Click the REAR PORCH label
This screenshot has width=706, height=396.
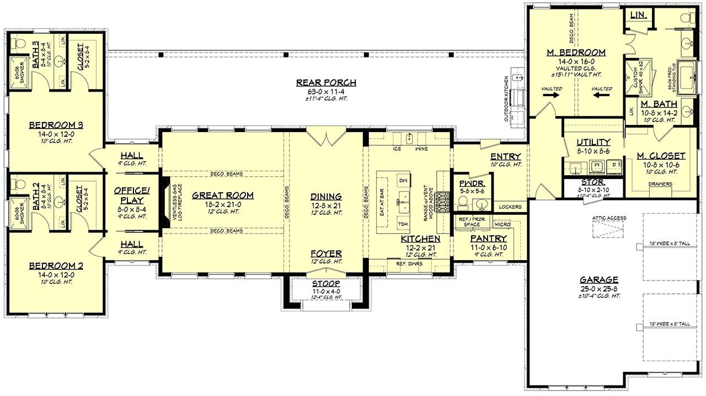tap(326, 83)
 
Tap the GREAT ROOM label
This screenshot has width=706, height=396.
tap(223, 196)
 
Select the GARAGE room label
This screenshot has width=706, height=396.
tap(598, 279)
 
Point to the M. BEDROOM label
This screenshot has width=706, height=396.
tap(576, 52)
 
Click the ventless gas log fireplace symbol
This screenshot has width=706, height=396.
tap(165, 203)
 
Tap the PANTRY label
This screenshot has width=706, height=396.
tap(485, 239)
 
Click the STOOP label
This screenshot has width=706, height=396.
tap(326, 284)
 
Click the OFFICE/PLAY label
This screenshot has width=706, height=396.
tap(129, 195)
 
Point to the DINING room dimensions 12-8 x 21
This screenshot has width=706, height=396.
tap(325, 204)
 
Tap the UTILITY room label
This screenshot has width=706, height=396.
tap(593, 142)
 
